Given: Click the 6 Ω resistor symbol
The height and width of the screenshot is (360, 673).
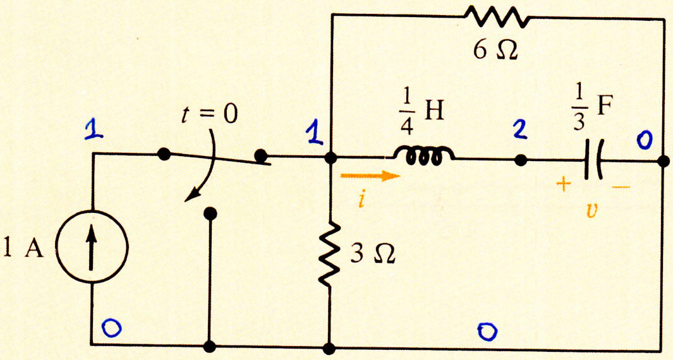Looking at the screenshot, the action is (x=496, y=16).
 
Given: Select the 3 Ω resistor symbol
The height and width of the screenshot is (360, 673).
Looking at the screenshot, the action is (x=329, y=254).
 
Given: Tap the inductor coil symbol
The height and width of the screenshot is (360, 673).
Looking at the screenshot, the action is (x=423, y=156).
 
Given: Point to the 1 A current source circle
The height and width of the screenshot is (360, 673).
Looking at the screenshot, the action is (x=92, y=246).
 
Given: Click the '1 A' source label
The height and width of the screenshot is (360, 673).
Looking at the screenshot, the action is (x=23, y=249).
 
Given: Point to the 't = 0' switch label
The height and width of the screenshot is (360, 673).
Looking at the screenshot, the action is (x=209, y=114).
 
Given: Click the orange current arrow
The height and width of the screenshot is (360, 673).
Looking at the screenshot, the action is (x=370, y=176).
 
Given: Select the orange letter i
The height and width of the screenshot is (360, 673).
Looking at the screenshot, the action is (x=362, y=199).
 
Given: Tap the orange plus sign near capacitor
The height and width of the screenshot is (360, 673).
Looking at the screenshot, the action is (x=564, y=184).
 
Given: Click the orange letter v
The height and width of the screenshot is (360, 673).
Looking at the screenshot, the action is (x=592, y=211).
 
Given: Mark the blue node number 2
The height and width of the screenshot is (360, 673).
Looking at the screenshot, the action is (x=520, y=130).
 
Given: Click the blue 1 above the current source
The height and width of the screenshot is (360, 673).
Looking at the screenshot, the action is (x=93, y=129).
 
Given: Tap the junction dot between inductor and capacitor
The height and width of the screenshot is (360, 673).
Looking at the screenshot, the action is (x=521, y=160).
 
